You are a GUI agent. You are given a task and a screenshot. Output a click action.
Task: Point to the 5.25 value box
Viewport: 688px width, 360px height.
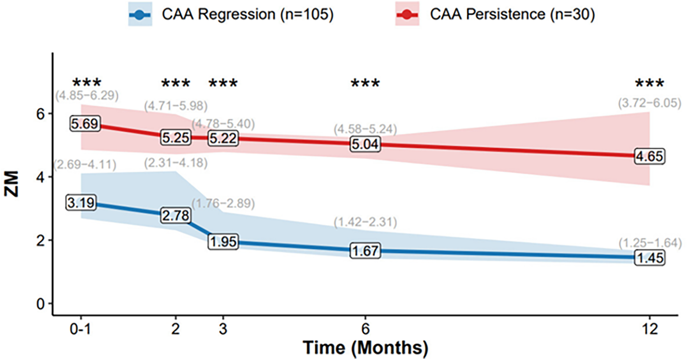click(x=176, y=137)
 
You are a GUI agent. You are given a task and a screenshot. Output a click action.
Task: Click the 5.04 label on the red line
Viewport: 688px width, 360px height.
click(x=365, y=144)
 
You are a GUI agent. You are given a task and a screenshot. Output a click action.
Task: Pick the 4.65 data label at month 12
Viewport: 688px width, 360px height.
click(x=650, y=156)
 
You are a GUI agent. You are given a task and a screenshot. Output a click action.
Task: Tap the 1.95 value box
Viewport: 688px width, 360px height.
click(x=223, y=242)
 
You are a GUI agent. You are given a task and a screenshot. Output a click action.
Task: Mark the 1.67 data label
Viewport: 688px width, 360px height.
click(x=365, y=251)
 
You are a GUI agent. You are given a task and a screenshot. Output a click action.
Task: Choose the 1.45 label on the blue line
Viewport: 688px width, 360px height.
click(x=650, y=258)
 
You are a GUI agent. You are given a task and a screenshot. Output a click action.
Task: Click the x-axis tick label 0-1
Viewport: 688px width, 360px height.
click(x=81, y=329)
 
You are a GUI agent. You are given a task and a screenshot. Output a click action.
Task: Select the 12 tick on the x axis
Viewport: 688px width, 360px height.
click(x=650, y=329)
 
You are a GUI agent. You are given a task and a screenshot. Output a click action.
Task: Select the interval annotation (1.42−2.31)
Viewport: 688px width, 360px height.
click(x=365, y=222)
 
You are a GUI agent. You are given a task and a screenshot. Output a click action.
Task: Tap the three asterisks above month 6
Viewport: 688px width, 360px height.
click(x=365, y=84)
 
